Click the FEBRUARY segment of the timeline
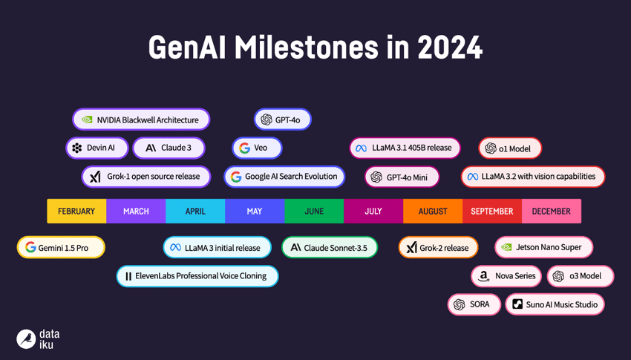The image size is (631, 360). [76, 212]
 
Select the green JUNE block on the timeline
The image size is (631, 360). [314, 212]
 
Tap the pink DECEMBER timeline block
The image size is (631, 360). [551, 212]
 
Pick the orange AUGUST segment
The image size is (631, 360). [433, 212]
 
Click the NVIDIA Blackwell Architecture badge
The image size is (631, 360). [141, 120]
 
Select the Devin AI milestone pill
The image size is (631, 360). [97, 148]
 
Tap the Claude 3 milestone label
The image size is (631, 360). [169, 148]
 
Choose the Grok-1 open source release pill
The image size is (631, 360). [146, 177]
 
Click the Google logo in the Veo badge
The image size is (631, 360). [244, 148]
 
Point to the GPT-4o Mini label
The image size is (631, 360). [402, 177]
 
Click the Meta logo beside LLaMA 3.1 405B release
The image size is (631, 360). [362, 148]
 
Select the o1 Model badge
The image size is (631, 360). [509, 148]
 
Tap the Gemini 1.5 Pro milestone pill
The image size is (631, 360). [61, 247]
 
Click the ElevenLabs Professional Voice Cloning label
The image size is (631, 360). [197, 276]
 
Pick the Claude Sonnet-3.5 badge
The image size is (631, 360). [330, 247]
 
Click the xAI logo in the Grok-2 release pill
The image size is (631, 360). [411, 248]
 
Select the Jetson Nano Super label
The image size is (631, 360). [544, 247]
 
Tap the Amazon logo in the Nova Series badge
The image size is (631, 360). [484, 276]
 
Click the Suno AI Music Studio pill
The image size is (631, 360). [555, 304]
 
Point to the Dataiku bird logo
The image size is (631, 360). [26, 339]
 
